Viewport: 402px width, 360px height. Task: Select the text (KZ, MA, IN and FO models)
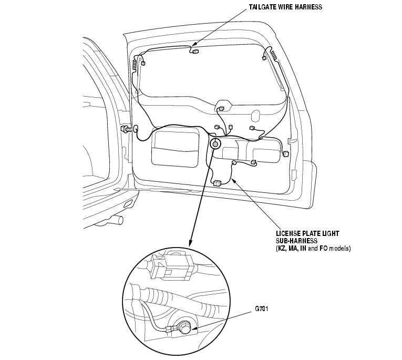tap(313, 248)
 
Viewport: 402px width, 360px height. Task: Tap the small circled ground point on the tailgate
tap(215, 144)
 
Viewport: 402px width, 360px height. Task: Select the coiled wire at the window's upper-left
tap(137, 66)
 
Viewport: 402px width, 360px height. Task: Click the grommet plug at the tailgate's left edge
tap(128, 128)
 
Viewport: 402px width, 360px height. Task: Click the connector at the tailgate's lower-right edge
tap(286, 154)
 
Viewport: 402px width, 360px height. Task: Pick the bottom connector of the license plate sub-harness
tap(217, 183)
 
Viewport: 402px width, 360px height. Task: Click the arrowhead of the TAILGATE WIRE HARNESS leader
tap(192, 46)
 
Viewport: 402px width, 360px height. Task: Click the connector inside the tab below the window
tap(221, 109)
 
